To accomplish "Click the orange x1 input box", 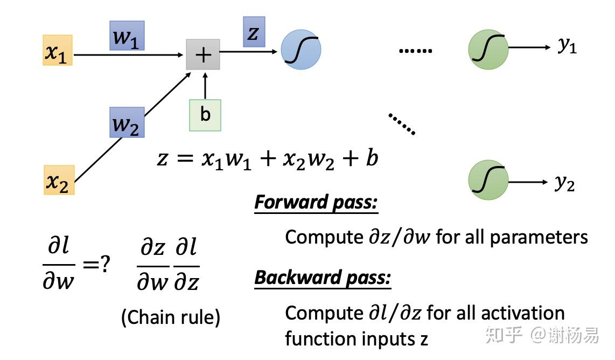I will pyautogui.click(x=58, y=50).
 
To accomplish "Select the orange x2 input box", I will pyautogui.click(x=59, y=180).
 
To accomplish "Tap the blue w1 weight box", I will pyautogui.click(x=127, y=36).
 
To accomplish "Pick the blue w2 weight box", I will pyautogui.click(x=127, y=122).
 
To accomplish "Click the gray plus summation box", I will pyautogui.click(x=203, y=54).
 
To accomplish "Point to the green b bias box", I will pyautogui.click(x=205, y=115).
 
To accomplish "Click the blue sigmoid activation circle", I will pyautogui.click(x=300, y=50).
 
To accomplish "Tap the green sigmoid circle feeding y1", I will pyautogui.click(x=488, y=49).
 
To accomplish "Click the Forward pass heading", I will pyautogui.click(x=316, y=203).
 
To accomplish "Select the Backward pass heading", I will pyautogui.click(x=323, y=278).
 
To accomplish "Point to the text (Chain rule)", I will pyautogui.click(x=171, y=317).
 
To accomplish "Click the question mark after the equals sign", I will pyautogui.click(x=105, y=264).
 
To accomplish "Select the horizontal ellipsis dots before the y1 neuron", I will pyautogui.click(x=416, y=51).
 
